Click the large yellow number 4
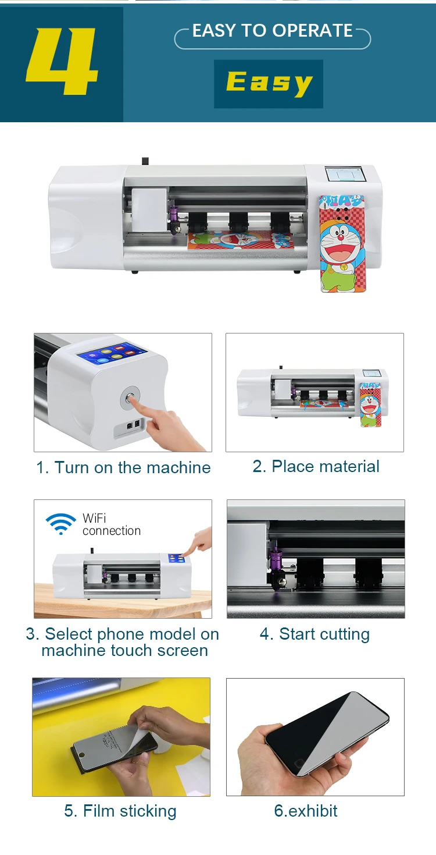(62, 61)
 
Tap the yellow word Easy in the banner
(269, 83)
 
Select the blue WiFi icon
(61, 523)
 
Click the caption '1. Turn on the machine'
(123, 467)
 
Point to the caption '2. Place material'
(316, 466)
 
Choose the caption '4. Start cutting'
(315, 634)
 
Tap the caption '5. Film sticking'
(120, 811)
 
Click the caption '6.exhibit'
(306, 811)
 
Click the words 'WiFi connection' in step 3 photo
(111, 524)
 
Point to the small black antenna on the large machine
(145, 161)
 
